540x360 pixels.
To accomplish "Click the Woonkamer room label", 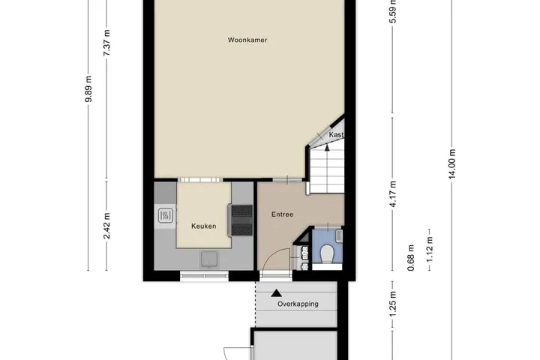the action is [247, 40].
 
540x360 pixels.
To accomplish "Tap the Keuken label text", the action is [203, 226].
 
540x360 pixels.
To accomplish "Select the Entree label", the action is [283, 214].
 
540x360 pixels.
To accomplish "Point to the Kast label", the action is [336, 135].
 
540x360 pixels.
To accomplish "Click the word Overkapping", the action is [298, 304].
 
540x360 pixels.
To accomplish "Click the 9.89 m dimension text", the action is [88, 89].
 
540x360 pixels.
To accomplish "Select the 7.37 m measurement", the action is [106, 43].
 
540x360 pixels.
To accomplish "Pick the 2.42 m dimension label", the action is [106, 226].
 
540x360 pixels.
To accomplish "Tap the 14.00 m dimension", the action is [452, 163].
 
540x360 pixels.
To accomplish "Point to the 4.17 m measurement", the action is [393, 193].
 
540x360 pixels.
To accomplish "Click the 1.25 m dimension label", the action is [393, 304].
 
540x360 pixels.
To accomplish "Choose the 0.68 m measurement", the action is [411, 258].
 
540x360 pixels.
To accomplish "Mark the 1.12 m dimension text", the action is [430, 250].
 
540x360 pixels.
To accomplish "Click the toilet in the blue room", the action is [327, 254].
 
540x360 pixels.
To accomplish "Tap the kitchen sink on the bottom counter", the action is [209, 259].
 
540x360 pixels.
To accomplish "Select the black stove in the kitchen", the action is [241, 220].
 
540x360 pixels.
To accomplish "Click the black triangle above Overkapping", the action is [276, 293].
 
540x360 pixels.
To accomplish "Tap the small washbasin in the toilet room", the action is [339, 235].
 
